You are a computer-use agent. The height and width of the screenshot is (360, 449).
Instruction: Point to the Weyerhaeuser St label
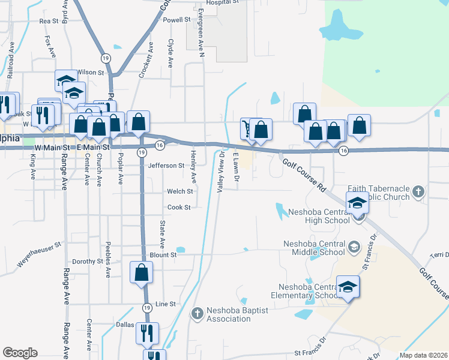[x=40, y=254]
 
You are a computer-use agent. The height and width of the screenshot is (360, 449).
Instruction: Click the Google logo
[x=20, y=353]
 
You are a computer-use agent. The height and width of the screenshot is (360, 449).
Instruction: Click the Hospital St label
[x=222, y=2]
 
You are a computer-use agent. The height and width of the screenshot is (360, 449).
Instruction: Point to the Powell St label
[x=176, y=20]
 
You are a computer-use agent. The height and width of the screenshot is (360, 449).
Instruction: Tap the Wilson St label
[x=91, y=72]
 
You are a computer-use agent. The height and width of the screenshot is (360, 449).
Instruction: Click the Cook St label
[x=178, y=208]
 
